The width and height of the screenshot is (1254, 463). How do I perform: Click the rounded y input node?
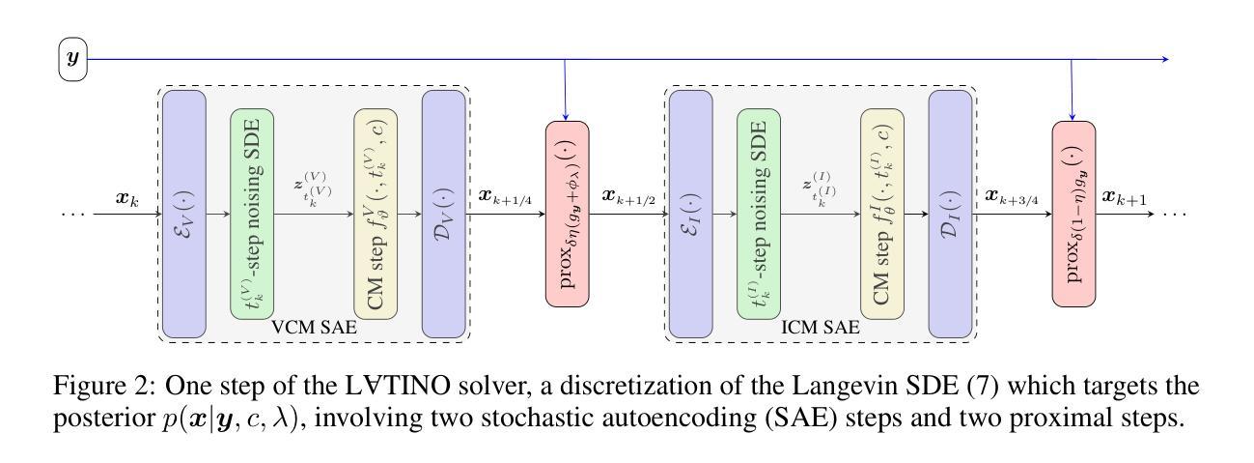pos(72,60)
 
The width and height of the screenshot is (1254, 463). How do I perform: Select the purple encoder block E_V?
pos(183,214)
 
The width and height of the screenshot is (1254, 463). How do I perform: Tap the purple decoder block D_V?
pos(443,214)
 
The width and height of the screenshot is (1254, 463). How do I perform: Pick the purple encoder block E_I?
pos(690,214)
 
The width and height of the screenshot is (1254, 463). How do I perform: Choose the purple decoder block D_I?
pos(950,214)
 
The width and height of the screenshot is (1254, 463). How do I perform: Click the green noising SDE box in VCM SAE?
pos(252,214)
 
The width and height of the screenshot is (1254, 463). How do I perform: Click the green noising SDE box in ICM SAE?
pos(759,214)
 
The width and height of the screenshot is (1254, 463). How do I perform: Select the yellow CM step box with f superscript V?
pos(376,214)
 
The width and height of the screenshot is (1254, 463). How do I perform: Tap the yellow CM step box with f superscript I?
pos(882,214)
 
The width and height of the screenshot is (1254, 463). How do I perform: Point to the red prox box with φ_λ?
pos(567,214)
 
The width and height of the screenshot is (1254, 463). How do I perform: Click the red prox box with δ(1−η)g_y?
pos(1073,214)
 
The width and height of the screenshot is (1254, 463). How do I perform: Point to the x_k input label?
pos(128,200)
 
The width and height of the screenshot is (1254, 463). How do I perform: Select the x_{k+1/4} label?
pos(506,197)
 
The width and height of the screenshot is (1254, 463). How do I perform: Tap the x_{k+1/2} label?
pos(628,197)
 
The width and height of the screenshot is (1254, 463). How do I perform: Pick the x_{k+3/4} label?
pos(1012,197)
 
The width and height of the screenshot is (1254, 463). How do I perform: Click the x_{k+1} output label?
pos(1125,197)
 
